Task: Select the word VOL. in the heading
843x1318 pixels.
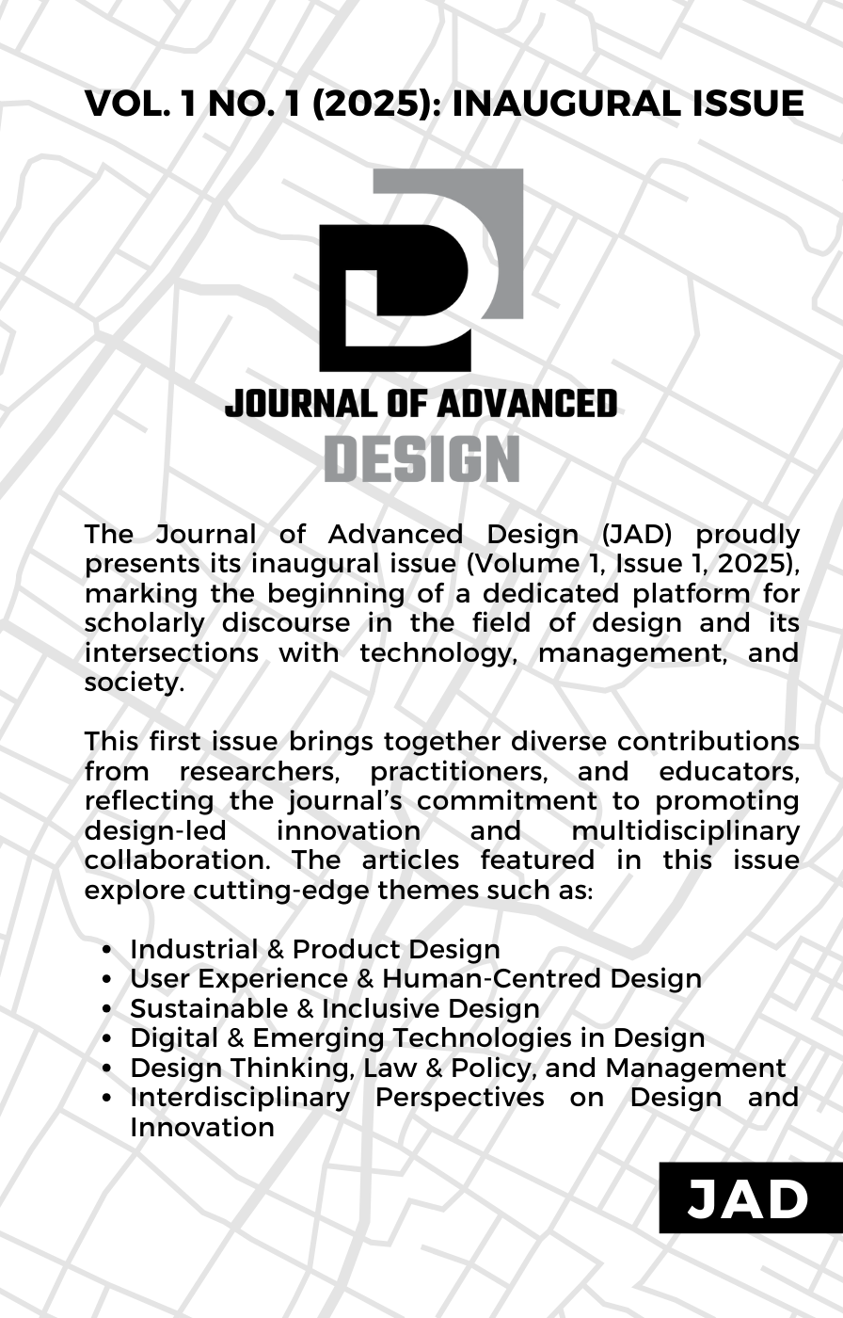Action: tap(127, 104)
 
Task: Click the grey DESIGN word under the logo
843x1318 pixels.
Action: tap(421, 458)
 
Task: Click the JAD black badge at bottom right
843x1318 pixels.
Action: tap(749, 1198)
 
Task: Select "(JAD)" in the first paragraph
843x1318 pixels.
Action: tap(637, 535)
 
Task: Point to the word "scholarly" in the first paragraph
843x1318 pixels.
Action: tap(142, 623)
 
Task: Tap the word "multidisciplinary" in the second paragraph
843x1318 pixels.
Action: tap(686, 831)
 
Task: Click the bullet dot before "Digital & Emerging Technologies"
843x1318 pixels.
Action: tap(111, 1039)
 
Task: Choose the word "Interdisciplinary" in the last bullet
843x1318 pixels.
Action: tap(239, 1098)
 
